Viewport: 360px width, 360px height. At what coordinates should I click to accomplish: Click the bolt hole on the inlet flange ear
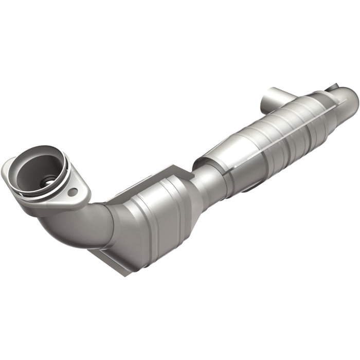73,192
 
